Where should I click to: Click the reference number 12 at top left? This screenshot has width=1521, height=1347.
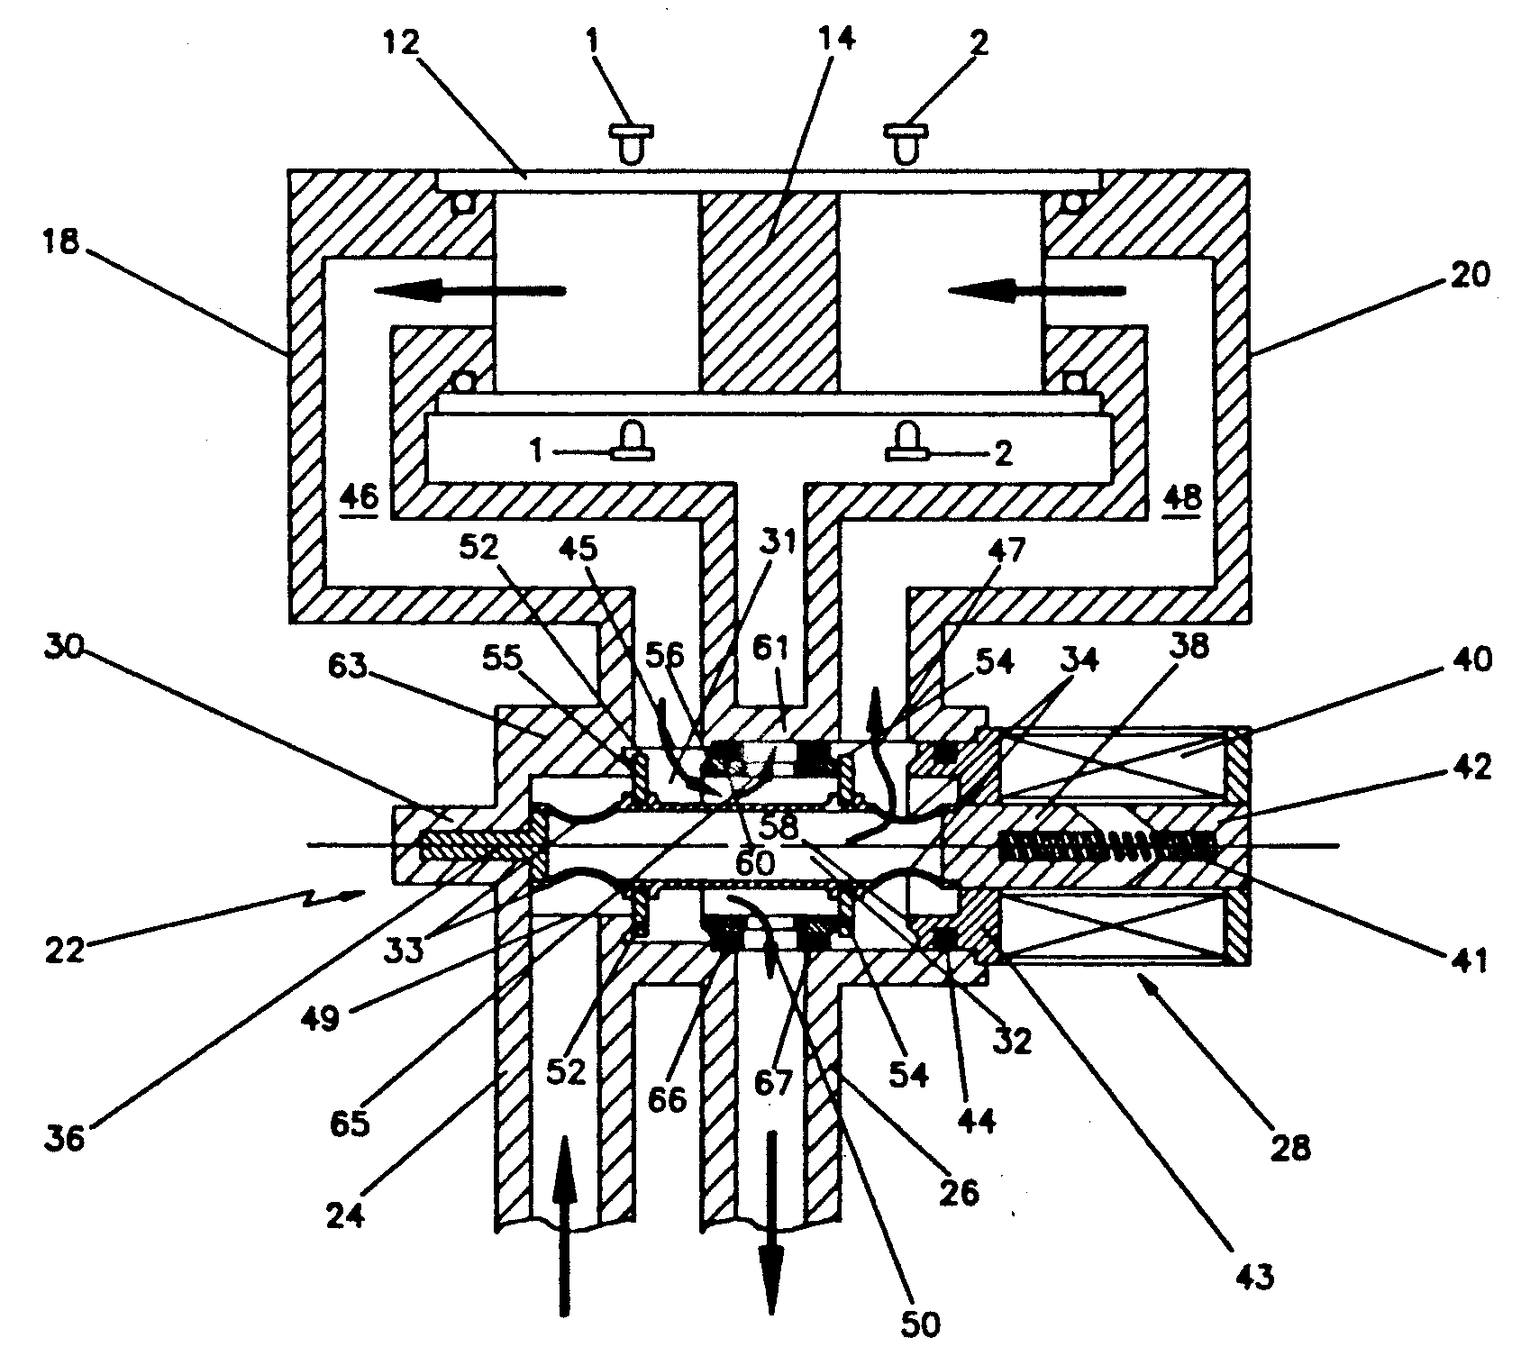[x=403, y=42]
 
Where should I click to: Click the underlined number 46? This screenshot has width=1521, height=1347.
[x=360, y=496]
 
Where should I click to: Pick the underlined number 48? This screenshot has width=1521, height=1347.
[x=1181, y=497]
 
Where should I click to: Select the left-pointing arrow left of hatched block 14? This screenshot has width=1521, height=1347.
[x=469, y=289]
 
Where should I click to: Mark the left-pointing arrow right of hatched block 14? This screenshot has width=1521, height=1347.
[x=1036, y=289]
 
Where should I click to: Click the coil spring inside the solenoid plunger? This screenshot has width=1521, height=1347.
[x=1108, y=846]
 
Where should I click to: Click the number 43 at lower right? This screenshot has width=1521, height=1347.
[x=1255, y=1277]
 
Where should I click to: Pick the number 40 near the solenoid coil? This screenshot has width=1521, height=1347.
[x=1468, y=660]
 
